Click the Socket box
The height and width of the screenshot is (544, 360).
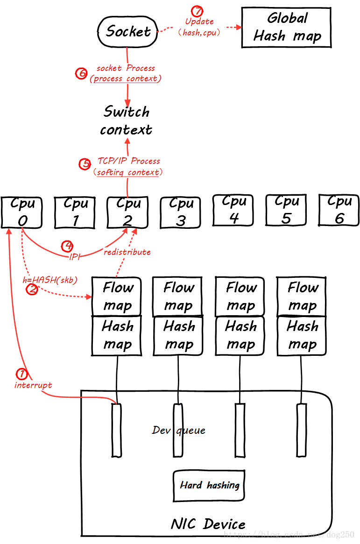127,31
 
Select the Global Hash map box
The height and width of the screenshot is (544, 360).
286,28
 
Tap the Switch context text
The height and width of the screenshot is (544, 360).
126,120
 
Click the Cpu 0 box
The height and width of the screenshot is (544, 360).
22,212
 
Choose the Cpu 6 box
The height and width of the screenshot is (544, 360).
339,210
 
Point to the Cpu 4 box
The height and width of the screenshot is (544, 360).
233,210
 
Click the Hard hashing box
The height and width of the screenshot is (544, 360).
209,486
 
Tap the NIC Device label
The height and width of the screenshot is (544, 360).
208,523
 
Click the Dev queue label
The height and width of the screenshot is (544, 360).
178,430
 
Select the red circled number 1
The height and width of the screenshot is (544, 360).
21,374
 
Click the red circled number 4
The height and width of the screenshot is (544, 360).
68,246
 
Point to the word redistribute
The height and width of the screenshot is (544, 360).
127,252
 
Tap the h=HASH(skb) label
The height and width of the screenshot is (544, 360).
50,280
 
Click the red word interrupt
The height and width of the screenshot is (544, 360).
33,385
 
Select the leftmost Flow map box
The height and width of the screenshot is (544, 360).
117,297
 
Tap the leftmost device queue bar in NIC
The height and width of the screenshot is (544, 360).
116,430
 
